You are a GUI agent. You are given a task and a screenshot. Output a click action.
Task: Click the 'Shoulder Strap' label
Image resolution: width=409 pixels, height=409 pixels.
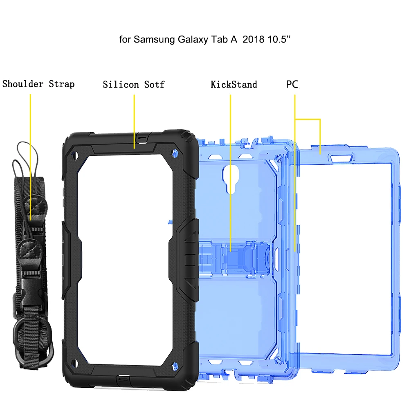38,84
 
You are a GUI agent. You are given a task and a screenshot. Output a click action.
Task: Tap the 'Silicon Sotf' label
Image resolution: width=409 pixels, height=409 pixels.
134,85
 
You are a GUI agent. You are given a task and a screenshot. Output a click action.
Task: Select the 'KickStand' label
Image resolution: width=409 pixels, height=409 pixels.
234,85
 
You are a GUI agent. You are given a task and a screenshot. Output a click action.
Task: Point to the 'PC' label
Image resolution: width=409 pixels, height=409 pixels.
292,84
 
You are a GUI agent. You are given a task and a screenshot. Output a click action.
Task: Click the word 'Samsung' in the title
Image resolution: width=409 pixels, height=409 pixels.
155,40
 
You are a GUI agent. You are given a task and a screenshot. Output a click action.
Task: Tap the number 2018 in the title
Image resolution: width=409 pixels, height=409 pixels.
253,39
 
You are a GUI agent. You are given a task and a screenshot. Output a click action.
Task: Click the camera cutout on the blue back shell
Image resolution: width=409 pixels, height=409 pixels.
231,179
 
